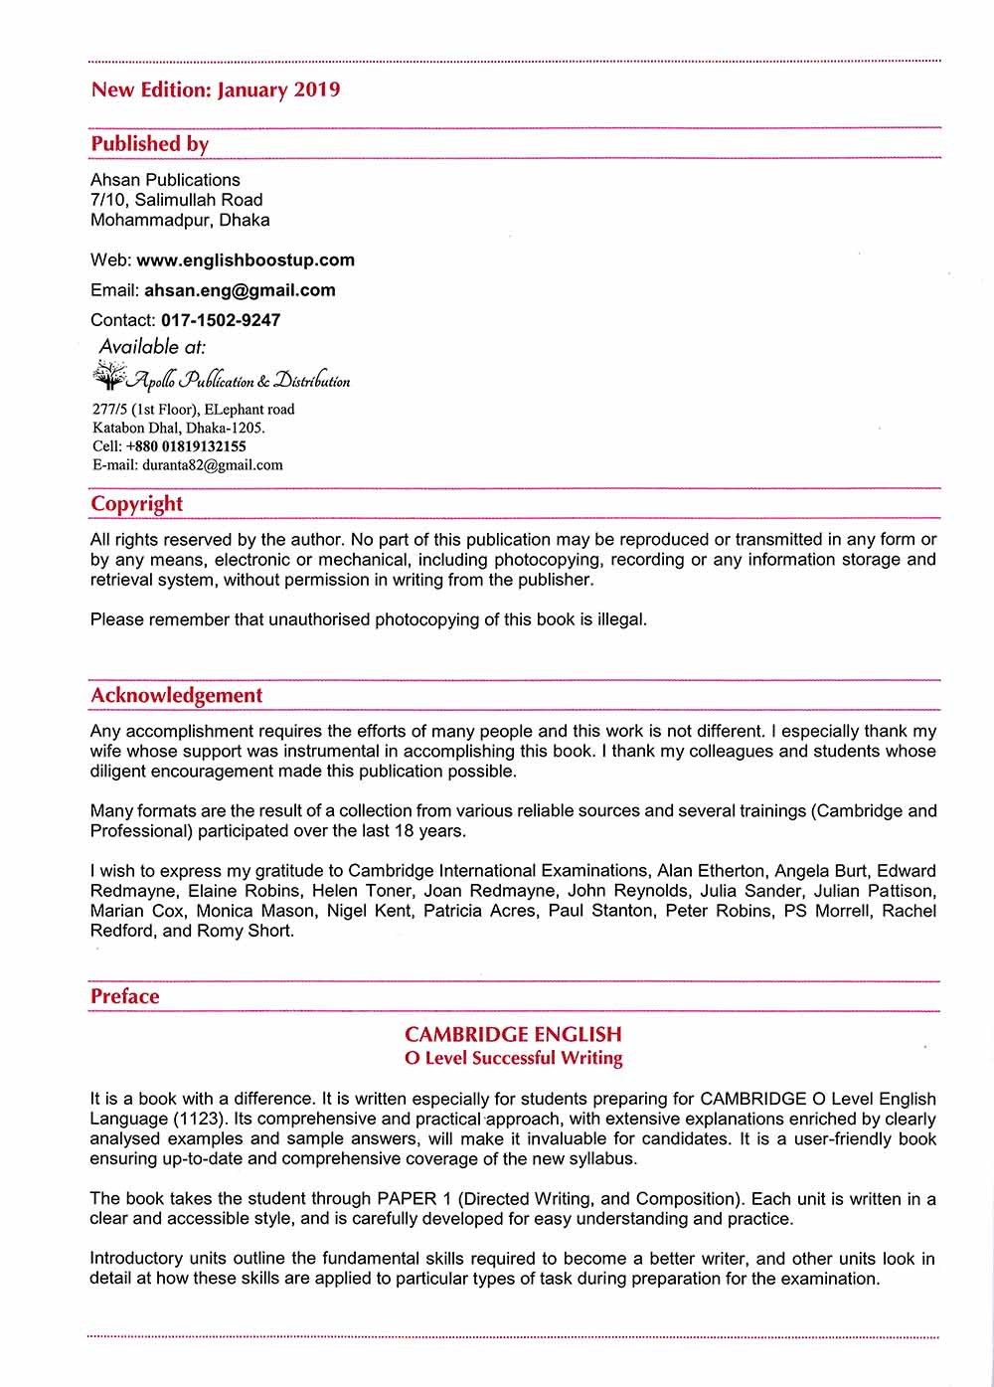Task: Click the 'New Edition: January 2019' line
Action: (215, 89)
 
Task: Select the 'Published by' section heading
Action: (150, 143)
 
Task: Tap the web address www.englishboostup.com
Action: (245, 260)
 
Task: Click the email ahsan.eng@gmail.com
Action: (240, 290)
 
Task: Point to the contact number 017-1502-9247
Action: (220, 320)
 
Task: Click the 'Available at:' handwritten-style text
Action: (152, 346)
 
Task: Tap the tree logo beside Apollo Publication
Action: (106, 377)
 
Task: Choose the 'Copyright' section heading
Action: (136, 503)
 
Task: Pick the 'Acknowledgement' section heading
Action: (176, 695)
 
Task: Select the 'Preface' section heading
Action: (124, 996)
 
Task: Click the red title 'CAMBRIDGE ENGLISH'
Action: (513, 1034)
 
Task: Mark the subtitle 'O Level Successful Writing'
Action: (513, 1058)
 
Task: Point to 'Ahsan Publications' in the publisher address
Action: (165, 180)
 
